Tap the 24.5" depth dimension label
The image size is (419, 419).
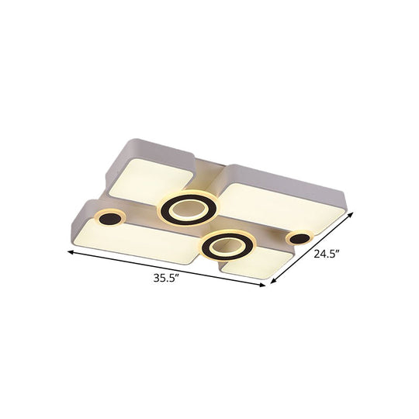click(326, 253)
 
